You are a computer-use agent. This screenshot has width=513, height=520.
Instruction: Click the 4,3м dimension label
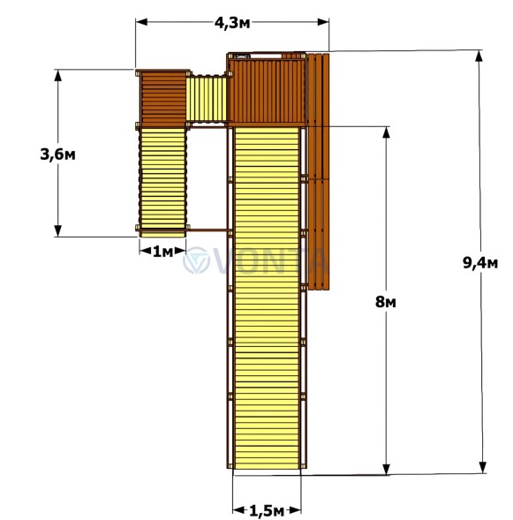[x=232, y=23]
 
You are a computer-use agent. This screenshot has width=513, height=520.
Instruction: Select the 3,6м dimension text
[x=57, y=154]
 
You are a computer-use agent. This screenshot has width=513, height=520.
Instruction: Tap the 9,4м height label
[x=480, y=263]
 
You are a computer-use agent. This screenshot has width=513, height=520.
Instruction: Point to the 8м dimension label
[x=385, y=302]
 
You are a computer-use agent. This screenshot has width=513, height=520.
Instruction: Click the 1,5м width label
[x=267, y=511]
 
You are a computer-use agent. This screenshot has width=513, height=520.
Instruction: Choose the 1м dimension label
[x=162, y=252]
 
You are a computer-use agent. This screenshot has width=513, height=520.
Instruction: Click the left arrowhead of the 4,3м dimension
[x=141, y=22]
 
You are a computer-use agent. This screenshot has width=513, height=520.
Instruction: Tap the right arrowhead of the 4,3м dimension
[x=323, y=22]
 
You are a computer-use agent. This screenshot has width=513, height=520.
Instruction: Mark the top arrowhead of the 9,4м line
[x=479, y=57]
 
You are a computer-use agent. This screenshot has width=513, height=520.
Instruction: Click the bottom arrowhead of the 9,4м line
[x=483, y=467]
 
